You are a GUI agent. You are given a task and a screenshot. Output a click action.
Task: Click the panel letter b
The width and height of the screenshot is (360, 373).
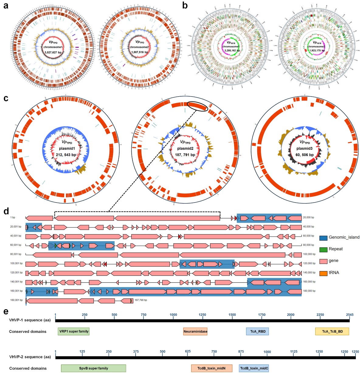(185, 5)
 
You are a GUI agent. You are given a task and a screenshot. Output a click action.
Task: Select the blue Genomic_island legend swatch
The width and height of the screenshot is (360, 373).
(323, 238)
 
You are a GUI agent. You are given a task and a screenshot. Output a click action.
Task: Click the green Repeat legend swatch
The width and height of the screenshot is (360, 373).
(323, 249)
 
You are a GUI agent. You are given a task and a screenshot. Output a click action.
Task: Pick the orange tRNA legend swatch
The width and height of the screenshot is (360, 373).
(323, 273)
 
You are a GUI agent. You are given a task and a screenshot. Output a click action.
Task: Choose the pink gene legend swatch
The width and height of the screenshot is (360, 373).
(323, 261)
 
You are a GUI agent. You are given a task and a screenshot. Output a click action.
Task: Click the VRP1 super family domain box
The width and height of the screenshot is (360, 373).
(74, 331)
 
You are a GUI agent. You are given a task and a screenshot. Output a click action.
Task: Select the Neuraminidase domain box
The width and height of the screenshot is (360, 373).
(195, 331)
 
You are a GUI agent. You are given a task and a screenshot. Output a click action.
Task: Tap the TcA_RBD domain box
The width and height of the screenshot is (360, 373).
(257, 331)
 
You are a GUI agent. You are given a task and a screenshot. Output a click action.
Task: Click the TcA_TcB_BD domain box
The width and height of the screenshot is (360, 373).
(332, 331)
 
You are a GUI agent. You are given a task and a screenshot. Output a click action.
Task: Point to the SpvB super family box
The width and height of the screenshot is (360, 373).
(93, 368)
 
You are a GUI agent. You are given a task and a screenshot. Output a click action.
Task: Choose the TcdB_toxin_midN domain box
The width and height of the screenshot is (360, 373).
(212, 368)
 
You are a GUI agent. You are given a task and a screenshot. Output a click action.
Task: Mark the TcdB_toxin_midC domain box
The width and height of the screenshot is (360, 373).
(254, 368)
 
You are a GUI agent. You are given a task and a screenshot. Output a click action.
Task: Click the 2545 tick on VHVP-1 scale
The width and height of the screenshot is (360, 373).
(350, 315)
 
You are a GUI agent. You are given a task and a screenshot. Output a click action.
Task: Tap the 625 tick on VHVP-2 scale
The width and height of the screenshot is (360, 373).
(188, 351)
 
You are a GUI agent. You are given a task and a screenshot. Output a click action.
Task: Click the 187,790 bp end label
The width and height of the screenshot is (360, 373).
(141, 300)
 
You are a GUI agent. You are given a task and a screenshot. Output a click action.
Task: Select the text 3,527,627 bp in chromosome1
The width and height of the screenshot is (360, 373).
(53, 52)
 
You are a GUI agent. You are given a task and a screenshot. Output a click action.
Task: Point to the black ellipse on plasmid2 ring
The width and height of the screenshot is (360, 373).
(197, 106)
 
